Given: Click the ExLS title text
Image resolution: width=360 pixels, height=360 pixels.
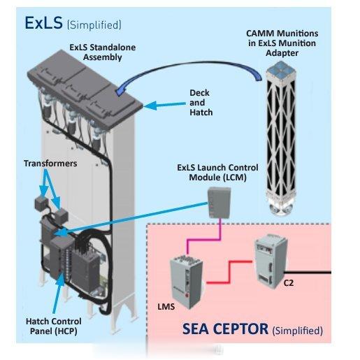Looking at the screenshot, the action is tap(43, 23).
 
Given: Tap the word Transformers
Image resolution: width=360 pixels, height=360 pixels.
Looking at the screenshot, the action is tap(50, 164).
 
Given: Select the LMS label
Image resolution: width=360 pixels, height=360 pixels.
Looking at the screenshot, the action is tap(166, 307).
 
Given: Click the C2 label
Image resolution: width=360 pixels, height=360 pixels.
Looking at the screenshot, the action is tap(289, 283).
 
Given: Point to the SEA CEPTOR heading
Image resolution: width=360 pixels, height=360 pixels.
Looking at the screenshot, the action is tap(225, 329).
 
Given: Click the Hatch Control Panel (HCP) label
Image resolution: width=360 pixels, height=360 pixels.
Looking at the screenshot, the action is tap(54, 326).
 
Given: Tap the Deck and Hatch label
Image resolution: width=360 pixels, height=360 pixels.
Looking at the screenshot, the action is tap(201, 103).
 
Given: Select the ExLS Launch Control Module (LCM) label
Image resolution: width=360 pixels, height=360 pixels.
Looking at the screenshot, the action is tap(217, 173).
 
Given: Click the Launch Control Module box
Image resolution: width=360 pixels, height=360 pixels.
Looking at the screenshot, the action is tap(219, 203).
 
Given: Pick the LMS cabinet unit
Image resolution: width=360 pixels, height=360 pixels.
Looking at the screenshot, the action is tap(187, 281).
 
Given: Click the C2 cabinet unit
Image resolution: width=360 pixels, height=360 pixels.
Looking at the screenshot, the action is tap(271, 260).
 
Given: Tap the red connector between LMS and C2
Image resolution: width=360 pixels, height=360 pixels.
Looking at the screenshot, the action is tap(229, 272).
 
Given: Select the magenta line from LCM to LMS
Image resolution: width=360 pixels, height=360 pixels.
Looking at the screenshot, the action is tap(203, 239).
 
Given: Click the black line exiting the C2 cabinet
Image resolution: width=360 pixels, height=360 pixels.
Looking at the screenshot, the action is tap(308, 272).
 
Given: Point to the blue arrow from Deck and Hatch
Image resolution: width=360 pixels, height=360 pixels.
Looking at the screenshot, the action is tap(164, 105).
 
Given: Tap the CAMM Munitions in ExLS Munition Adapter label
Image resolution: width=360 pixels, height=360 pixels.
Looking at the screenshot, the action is tap(282, 43).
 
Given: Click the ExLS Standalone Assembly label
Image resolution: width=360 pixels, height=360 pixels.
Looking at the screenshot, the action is tap(103, 52).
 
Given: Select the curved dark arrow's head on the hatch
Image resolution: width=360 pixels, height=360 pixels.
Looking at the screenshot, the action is tap(119, 92).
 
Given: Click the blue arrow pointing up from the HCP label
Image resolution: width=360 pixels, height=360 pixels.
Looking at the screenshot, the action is tap(58, 293).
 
